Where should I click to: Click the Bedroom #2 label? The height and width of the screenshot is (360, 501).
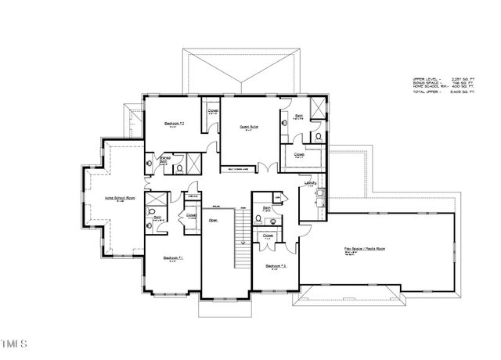point(174,124)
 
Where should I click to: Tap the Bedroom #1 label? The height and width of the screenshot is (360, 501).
point(173,257)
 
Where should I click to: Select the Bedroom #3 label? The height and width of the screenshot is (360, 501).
point(276,265)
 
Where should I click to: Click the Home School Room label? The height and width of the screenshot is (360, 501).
point(121,198)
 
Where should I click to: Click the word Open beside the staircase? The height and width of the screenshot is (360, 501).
point(212,220)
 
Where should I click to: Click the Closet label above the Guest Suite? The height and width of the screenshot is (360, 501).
point(213,111)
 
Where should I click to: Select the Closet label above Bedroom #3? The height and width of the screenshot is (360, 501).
point(269,235)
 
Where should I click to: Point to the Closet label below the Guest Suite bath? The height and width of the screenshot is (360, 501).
point(299,154)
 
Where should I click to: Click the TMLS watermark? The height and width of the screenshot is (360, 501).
point(16,342)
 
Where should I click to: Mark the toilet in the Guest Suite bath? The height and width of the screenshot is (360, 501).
point(318,136)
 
